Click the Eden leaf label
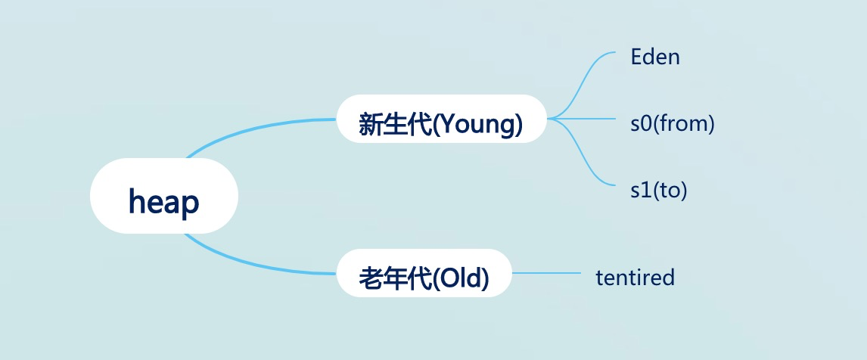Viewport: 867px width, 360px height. pyautogui.click(x=655, y=57)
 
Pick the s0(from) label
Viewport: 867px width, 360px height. pyautogui.click(x=673, y=123)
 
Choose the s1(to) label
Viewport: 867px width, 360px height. pyautogui.click(x=658, y=190)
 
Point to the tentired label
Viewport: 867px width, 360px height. pyautogui.click(x=635, y=278)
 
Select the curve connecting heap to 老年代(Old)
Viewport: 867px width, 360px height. pyautogui.click(x=250, y=264)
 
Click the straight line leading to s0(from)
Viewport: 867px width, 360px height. pyautogui.click(x=590, y=119)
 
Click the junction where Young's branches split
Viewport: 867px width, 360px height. pyautogui.click(x=551, y=119)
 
